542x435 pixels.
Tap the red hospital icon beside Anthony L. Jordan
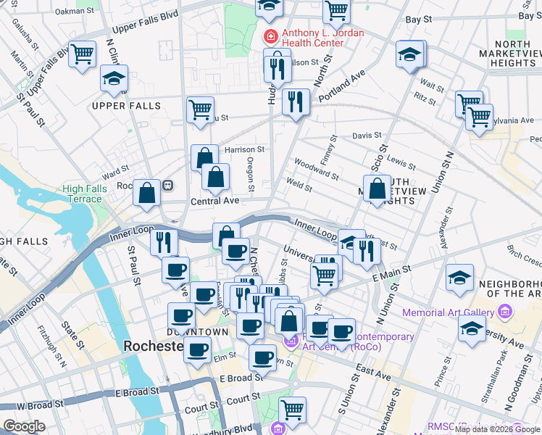(x=270, y=34)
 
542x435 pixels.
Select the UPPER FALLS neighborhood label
(x=116, y=106)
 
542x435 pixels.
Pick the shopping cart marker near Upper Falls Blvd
(x=83, y=53)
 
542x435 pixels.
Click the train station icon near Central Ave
(x=168, y=185)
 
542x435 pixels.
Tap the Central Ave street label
(x=214, y=201)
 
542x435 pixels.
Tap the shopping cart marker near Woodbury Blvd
(x=293, y=409)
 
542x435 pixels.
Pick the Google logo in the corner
(x=24, y=426)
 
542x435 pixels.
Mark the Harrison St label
(x=245, y=149)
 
